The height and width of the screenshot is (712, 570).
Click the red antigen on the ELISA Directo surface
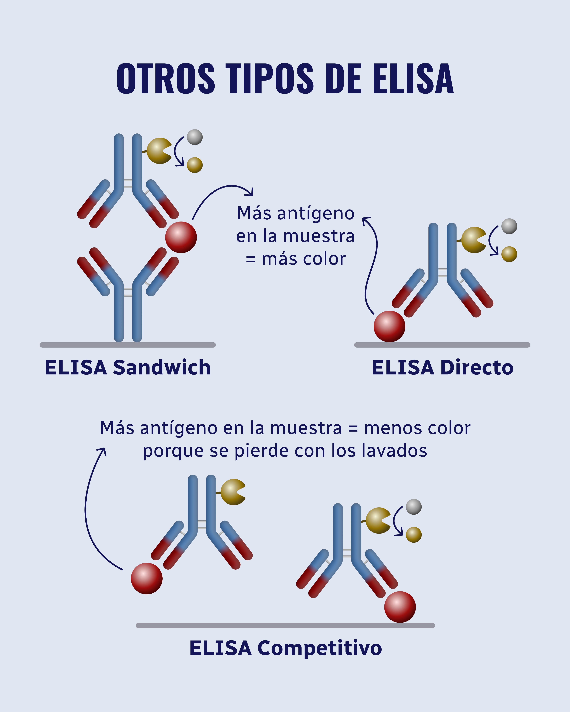click(389, 326)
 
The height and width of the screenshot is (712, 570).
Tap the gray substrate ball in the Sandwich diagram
click(195, 137)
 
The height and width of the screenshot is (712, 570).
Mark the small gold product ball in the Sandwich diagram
click(195, 165)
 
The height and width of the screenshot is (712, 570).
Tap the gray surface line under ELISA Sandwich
click(128, 345)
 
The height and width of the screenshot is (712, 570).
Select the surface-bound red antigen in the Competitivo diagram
click(400, 607)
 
